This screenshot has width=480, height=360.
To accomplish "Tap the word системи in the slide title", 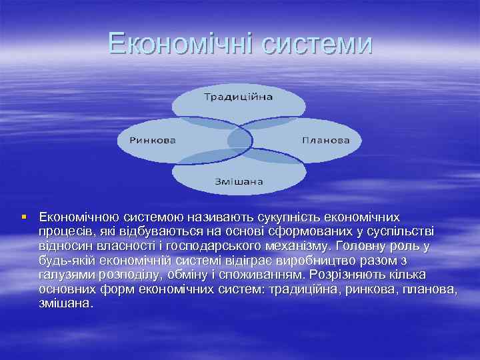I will pyautogui.click(x=316, y=44).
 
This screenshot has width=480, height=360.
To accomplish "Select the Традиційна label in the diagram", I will pyautogui.click(x=238, y=97).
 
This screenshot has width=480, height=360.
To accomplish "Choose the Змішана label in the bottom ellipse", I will pyautogui.click(x=239, y=181).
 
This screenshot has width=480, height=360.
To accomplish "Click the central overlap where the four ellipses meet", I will pyautogui.click(x=239, y=139).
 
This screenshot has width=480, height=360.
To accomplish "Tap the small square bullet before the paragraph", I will pyautogui.click(x=24, y=217).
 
